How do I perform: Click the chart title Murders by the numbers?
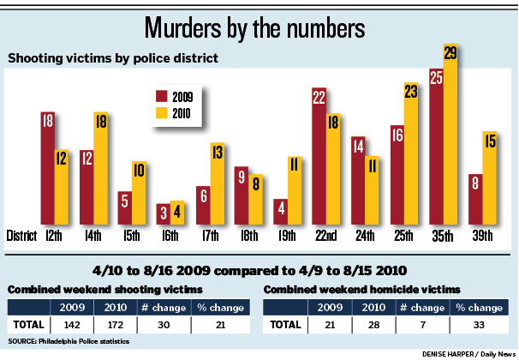click(x=259, y=26)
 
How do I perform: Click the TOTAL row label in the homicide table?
click(x=285, y=325)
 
